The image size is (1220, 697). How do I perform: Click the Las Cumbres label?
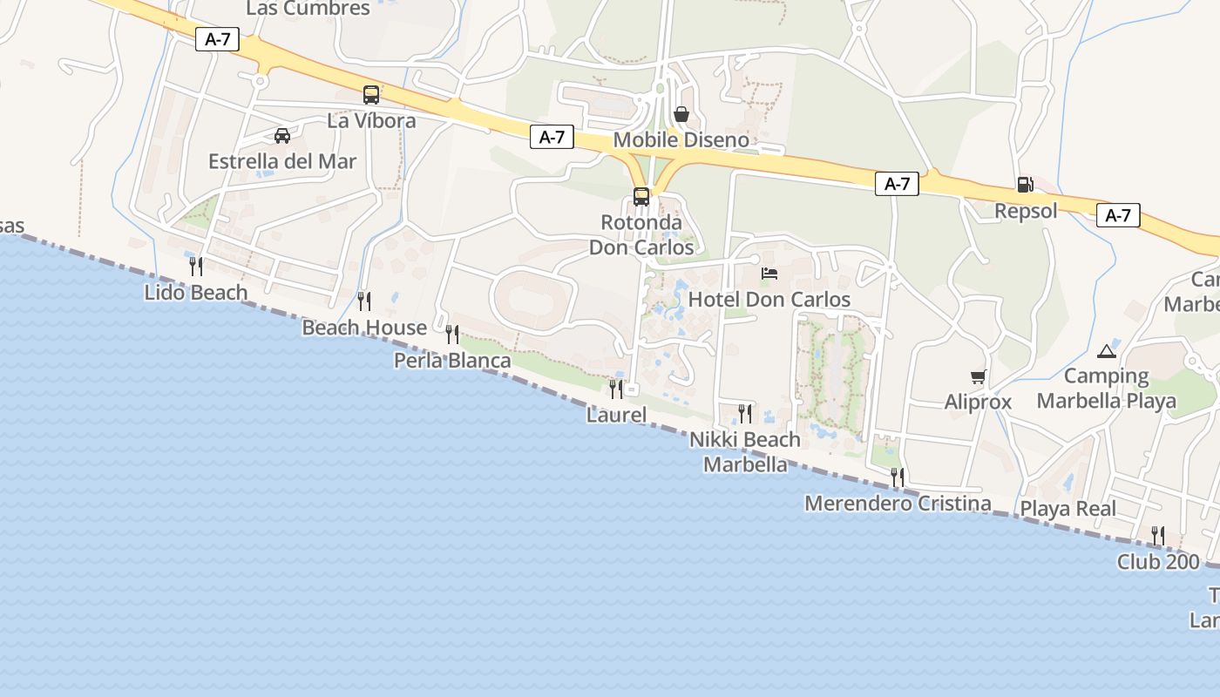pos(308,9)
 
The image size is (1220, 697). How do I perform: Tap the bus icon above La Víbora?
pos(371,95)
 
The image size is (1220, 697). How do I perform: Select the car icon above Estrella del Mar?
pos(282,136)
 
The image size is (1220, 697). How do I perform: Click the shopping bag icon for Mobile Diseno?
pos(681,115)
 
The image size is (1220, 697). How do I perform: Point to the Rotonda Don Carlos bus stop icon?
pos(641,197)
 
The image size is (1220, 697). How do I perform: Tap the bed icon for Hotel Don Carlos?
pos(769,274)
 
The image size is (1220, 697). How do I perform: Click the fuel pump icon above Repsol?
pos(1026,185)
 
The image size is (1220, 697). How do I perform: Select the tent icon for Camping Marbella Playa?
pos(1107,351)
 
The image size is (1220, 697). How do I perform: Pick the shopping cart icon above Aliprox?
pos(978,377)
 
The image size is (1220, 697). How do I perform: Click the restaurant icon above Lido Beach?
pos(196,267)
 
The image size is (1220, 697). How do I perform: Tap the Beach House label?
pos(364,328)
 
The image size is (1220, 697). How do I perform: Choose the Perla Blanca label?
pos(452,360)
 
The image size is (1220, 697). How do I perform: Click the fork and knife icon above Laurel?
pos(616,389)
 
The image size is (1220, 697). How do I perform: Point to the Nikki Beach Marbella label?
pos(745,451)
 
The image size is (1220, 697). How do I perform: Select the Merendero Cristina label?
pos(898,504)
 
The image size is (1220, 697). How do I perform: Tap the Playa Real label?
pos(1067,509)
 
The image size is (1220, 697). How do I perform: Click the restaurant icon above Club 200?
pos(1158,536)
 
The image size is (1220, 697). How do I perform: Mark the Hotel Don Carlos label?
pos(769,300)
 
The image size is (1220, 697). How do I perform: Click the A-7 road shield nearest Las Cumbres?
pos(217,39)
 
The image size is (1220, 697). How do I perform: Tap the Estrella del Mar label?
pos(282,161)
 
